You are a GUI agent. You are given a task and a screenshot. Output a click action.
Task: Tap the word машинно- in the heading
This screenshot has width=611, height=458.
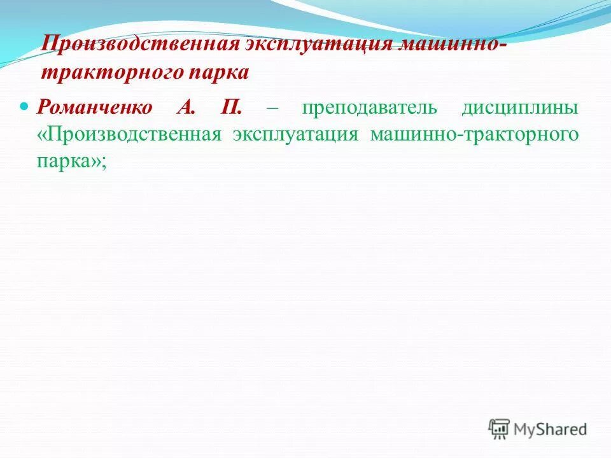click(453, 46)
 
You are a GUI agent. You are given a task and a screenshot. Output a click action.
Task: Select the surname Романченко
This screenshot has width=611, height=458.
click(95, 106)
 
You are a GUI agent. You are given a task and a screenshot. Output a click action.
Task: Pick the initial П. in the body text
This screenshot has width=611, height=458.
click(231, 106)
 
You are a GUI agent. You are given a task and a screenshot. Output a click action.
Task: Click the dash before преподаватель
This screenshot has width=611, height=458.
click(272, 108)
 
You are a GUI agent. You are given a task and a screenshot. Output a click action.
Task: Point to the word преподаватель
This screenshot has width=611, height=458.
click(370, 107)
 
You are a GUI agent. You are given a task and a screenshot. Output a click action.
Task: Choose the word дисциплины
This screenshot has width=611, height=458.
click(521, 107)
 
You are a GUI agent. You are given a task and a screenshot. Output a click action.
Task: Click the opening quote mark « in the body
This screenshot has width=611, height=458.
click(41, 135)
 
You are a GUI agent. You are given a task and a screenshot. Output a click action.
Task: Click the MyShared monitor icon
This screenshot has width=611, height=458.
click(500, 428)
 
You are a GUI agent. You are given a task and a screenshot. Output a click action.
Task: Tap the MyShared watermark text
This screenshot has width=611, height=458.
click(551, 429)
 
